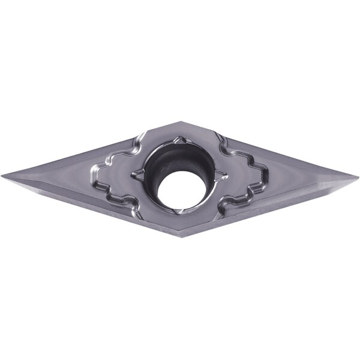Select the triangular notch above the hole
pyautogui.click(x=179, y=141)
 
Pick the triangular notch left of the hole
pyautogui.click(x=137, y=173)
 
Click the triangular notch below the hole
pyautogui.click(x=178, y=211)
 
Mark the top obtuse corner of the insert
pyautogui.click(x=178, y=122)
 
